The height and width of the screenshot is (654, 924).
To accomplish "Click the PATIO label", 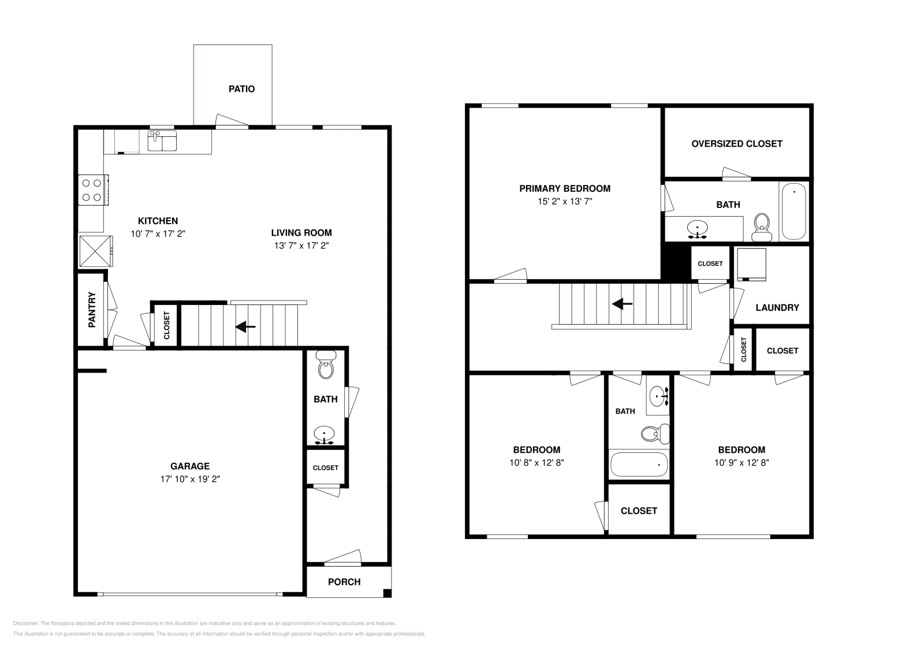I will pos(241,89).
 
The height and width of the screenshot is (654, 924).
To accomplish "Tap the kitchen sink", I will pos(162,140).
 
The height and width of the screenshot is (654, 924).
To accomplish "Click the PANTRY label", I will pos(92,310).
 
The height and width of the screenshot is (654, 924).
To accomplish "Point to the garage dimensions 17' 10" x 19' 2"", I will pos(190,479).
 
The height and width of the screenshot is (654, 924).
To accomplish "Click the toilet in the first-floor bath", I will pos(326,366).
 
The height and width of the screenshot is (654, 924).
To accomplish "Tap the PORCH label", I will pos(344,582).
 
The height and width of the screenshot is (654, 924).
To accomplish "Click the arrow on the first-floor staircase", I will pos(245,327).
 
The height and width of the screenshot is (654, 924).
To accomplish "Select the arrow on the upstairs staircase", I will pos(622,303).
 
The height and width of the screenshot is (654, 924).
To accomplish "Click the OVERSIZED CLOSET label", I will pos(737,144).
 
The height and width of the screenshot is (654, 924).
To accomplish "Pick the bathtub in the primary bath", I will pos(793,211).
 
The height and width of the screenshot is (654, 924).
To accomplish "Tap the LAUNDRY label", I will pos(777,307).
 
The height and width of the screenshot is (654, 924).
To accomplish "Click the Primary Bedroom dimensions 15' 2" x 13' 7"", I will pos(565,202).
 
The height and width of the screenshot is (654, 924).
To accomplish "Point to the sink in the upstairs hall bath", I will pos(658,396).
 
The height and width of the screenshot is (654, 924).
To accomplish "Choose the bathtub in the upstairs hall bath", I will pos(639,464).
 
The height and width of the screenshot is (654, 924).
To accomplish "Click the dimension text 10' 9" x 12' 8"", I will pos(742,462).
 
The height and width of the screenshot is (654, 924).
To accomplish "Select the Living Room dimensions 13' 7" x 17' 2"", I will pos(301,245).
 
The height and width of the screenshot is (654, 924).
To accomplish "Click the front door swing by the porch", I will pos(342,558).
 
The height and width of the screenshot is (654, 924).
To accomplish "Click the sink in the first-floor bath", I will pos(325,434).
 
